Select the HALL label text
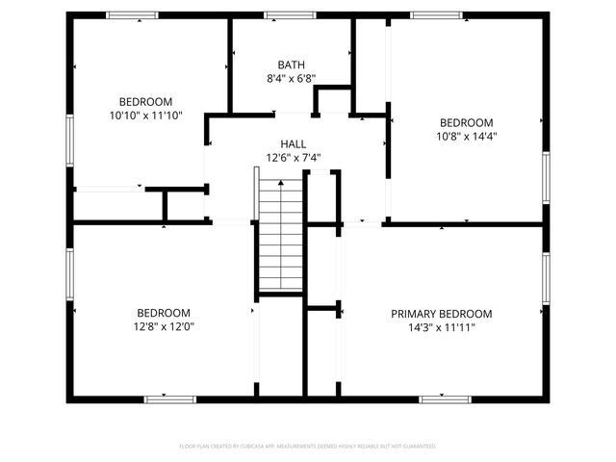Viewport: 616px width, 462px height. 293,143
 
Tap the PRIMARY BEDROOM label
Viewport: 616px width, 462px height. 441,314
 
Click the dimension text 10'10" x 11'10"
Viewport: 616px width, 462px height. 145,115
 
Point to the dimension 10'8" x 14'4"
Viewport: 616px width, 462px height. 466,136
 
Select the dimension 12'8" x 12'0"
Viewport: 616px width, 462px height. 163,327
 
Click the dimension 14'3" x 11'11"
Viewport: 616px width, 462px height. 441,327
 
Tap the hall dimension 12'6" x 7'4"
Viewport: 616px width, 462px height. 293,157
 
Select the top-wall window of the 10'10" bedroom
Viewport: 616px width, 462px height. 132,15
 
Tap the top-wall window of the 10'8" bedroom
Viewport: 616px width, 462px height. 436,15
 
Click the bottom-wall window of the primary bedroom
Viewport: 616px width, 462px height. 445,398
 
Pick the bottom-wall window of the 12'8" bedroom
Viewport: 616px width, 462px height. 169,398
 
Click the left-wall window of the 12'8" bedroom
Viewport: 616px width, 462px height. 70,273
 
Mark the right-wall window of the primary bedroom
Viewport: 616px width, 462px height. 545,279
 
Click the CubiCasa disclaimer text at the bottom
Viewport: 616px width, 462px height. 308,447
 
